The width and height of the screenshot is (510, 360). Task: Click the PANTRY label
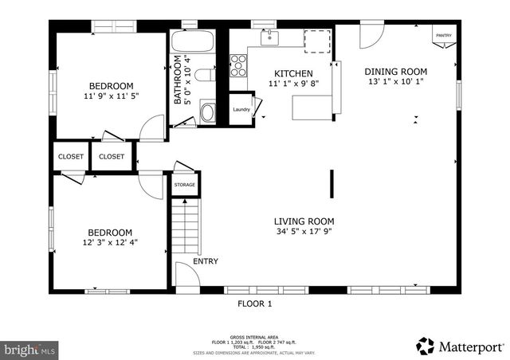(443, 35)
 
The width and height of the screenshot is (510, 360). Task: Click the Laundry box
(241, 110)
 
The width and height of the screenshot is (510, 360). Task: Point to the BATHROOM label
(179, 80)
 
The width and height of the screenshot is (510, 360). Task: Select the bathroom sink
(207, 112)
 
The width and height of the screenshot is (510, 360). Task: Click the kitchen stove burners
(237, 65)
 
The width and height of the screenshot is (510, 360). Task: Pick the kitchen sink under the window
(269, 37)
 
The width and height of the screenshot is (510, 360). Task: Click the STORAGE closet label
(186, 185)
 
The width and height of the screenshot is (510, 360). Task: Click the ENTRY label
(206, 261)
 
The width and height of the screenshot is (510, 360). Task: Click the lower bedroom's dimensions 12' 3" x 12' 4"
(111, 243)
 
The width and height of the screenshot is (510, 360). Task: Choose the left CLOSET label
(71, 157)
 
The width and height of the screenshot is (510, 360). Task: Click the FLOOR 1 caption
(255, 303)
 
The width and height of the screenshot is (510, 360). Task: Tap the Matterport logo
(460, 346)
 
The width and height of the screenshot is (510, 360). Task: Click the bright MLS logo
(30, 349)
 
